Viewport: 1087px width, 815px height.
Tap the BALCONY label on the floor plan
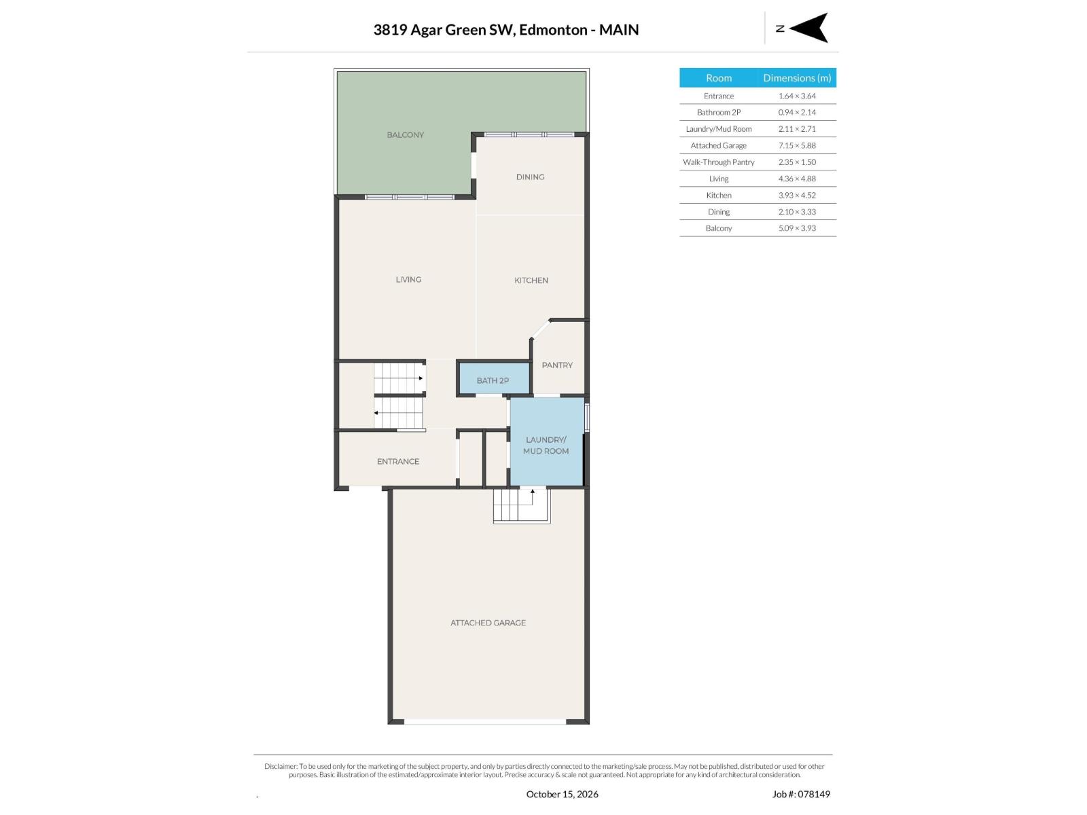coord(405,134)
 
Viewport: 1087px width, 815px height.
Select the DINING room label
coord(530,177)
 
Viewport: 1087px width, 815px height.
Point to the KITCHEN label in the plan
coord(531,280)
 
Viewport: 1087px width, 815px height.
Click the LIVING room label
coord(408,280)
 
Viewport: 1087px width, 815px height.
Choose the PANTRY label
coord(557,365)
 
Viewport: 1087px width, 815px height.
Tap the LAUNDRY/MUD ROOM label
coord(546,446)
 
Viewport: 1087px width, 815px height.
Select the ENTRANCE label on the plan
coord(397,461)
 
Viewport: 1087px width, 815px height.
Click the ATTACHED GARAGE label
coord(488,623)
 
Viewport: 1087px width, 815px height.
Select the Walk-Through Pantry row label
coord(719,162)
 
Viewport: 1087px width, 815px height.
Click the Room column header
coord(719,77)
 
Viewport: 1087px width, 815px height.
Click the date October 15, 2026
coord(562,794)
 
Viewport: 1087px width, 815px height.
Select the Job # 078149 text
coord(801,794)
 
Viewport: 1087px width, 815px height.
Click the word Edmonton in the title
coord(553,30)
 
